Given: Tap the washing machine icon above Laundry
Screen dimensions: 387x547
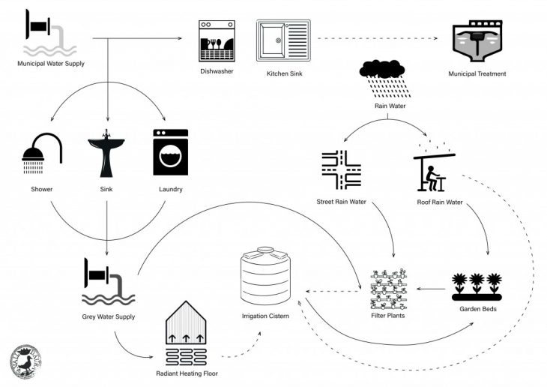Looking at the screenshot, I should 170,152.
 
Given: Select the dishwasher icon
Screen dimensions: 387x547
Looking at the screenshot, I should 216,41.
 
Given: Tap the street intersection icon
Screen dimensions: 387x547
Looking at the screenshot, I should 340,170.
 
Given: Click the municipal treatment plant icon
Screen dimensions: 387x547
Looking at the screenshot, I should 477,43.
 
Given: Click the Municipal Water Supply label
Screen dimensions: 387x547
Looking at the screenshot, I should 51,64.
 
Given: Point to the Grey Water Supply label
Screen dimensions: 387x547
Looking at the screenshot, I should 109,317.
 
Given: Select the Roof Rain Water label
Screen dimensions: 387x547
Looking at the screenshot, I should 440,202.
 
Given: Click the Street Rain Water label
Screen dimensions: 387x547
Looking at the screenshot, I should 341,202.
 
